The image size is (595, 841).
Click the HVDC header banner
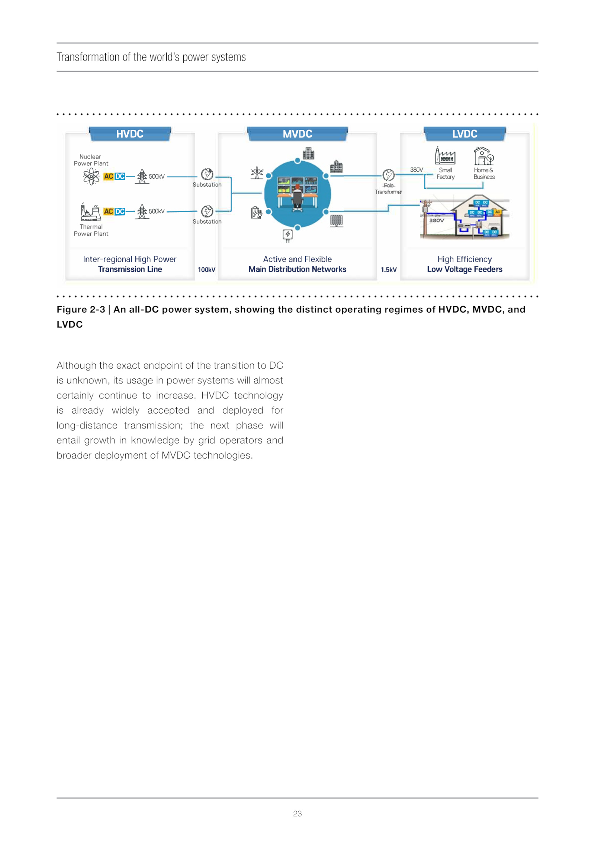click(130, 134)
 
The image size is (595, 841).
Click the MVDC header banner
click(297, 134)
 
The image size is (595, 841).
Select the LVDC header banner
click(464, 134)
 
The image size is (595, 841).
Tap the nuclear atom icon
click(91, 176)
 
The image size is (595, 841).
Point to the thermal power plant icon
click(91, 212)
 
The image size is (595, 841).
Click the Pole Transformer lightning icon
click(388, 175)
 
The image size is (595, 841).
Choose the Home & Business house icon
click(483, 156)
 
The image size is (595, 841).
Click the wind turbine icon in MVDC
click(257, 173)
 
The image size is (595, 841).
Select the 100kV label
click(206, 270)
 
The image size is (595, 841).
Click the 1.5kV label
click(389, 270)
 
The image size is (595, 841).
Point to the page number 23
click(297, 813)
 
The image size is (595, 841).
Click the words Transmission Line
click(130, 269)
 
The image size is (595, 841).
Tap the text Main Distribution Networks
click(297, 269)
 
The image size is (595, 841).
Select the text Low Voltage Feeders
click(464, 269)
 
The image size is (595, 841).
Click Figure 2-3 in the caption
click(81, 310)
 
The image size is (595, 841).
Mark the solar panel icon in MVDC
click(336, 221)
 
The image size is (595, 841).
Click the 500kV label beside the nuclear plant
click(157, 177)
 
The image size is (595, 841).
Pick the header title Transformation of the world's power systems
click(151, 57)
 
